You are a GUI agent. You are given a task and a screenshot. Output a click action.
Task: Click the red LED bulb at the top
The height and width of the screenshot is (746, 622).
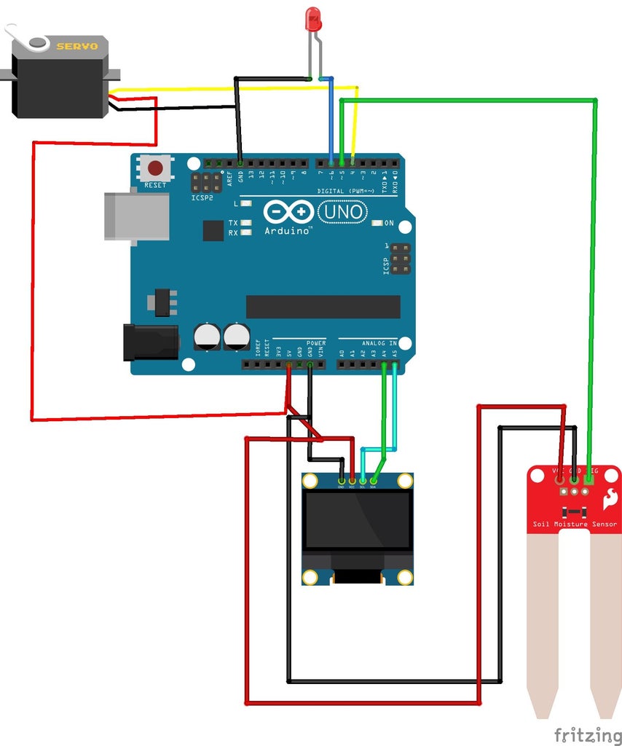313,19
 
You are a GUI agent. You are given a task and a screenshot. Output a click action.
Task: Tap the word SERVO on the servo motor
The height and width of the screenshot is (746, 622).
77,46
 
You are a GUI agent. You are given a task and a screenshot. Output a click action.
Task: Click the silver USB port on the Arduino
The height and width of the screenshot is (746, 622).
136,216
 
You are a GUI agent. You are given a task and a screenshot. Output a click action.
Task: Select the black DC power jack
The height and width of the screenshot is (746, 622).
151,342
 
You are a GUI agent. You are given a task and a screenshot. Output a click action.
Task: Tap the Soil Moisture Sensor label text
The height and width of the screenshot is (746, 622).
574,525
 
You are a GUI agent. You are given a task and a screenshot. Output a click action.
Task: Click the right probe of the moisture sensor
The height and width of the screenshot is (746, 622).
605,619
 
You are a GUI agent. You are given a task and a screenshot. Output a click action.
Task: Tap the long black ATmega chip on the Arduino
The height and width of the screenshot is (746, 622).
323,307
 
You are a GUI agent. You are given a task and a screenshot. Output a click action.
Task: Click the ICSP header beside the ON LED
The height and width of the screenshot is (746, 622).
399,259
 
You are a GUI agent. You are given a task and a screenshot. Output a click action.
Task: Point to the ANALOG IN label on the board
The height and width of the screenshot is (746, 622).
379,342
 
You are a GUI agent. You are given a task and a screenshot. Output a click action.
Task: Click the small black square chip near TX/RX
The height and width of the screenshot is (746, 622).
213,231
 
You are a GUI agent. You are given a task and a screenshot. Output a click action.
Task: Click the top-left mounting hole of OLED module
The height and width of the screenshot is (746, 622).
311,482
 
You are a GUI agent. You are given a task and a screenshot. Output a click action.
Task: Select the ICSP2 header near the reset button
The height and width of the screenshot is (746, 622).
207,182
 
